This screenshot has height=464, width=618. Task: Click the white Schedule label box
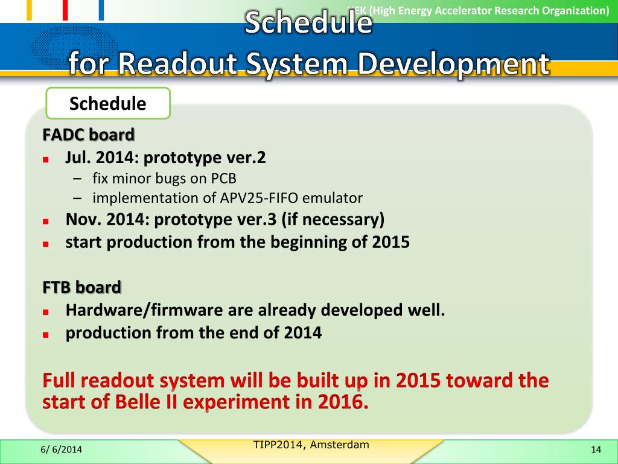(x=108, y=103)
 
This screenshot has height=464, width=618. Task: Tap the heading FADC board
(x=89, y=135)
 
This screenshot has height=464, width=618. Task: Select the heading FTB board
(x=81, y=287)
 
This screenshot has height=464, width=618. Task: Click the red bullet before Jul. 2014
(x=46, y=159)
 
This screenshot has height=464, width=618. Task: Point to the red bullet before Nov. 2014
(x=46, y=221)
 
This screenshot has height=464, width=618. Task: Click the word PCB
(x=223, y=178)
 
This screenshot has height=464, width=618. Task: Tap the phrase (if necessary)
(x=333, y=219)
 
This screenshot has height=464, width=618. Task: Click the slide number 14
(x=596, y=449)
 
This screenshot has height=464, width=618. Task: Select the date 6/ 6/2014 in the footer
(x=62, y=449)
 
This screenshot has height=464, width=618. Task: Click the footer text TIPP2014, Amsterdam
(x=311, y=445)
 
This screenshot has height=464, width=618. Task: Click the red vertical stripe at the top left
(x=65, y=10)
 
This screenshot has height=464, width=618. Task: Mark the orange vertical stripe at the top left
(x=29, y=10)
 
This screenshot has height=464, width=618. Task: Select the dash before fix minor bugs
(x=77, y=179)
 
